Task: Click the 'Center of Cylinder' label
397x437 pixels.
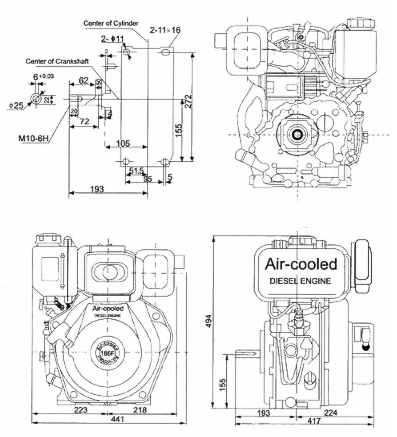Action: tap(111, 23)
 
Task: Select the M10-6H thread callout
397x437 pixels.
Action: tap(33, 138)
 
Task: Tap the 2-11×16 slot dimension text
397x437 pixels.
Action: tap(165, 30)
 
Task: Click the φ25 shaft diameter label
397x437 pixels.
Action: tap(16, 105)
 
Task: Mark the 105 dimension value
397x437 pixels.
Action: tap(123, 143)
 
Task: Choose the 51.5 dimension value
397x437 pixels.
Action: tap(136, 171)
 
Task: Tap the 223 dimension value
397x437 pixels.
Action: tap(80, 410)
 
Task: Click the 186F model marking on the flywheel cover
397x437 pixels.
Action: tap(106, 353)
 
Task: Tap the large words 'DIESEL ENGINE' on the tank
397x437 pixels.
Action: tap(301, 281)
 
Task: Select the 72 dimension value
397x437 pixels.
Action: tap(85, 121)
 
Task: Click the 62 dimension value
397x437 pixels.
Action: tap(83, 80)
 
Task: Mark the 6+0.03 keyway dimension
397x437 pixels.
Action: tap(43, 76)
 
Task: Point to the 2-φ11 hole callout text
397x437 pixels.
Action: tap(112, 40)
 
